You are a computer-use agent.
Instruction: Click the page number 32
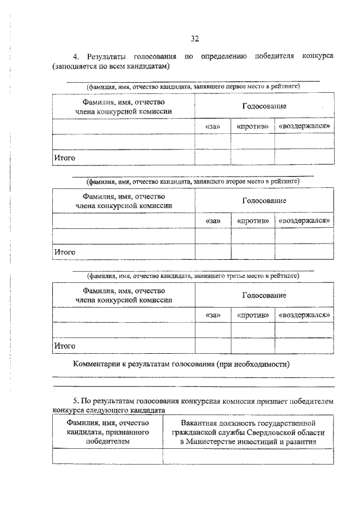pos(195,38)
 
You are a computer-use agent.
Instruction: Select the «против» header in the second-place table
pos(252,220)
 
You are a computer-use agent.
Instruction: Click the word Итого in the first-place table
pos(65,158)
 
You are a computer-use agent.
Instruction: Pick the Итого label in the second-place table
pos(65,252)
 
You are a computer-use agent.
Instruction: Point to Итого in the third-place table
pos(65,346)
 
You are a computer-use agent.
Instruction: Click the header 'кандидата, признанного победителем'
pos(107,432)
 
